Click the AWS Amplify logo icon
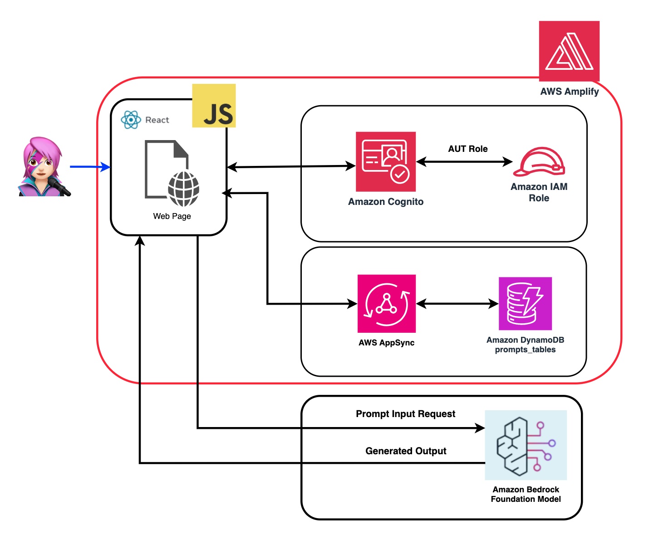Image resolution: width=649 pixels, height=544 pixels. (x=569, y=51)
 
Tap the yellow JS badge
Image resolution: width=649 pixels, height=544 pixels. (x=214, y=106)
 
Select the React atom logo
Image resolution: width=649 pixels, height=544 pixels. (x=131, y=120)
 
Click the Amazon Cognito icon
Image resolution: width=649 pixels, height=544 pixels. (x=386, y=161)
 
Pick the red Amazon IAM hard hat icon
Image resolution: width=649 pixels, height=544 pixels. (x=539, y=161)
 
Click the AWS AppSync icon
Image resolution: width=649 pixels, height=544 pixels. (x=387, y=303)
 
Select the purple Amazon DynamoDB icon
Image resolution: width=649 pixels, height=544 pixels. (x=525, y=303)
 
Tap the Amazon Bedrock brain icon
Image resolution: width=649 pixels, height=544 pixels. (x=526, y=445)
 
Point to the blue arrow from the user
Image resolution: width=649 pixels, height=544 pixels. (x=89, y=167)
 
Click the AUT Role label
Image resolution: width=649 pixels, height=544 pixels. (x=468, y=149)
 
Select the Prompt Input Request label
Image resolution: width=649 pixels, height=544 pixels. (x=405, y=413)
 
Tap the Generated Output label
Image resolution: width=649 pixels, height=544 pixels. (x=406, y=451)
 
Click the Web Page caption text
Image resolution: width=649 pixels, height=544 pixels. (x=172, y=216)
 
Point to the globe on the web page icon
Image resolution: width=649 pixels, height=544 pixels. (x=184, y=189)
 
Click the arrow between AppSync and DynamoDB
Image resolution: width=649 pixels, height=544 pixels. (x=457, y=304)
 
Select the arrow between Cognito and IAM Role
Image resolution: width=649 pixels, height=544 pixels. (x=464, y=161)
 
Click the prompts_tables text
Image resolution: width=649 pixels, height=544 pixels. (x=525, y=350)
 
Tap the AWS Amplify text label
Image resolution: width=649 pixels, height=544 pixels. (x=570, y=92)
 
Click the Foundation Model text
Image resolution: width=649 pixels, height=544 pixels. (x=526, y=499)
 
